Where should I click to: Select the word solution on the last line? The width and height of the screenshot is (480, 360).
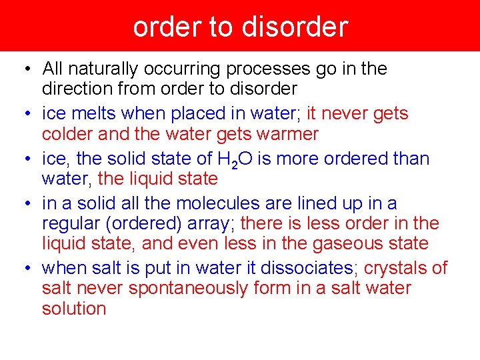pos(74,309)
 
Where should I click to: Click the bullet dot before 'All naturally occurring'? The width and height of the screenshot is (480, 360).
pos(23,69)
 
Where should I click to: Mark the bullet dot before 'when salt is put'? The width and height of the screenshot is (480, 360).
pos(23,269)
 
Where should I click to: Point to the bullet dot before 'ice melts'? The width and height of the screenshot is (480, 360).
pos(23,115)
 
